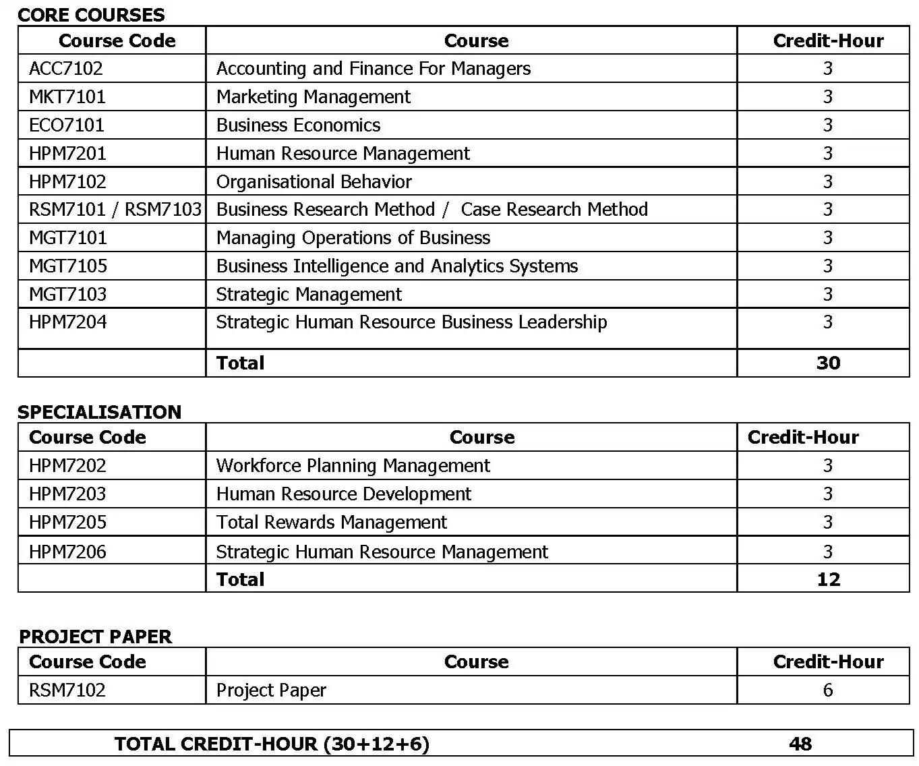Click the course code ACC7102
(x=66, y=69)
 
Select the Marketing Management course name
(x=313, y=97)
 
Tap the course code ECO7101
(x=67, y=125)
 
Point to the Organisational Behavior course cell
(x=314, y=182)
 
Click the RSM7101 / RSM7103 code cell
(x=115, y=210)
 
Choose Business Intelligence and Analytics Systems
(x=396, y=266)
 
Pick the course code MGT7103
(x=67, y=295)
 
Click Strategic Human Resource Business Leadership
(x=411, y=322)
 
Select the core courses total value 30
(x=828, y=363)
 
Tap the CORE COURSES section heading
(x=91, y=15)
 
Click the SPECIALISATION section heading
(x=99, y=412)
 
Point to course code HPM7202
(x=67, y=466)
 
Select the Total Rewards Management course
(x=331, y=523)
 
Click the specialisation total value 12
(x=828, y=580)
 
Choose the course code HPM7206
(x=67, y=552)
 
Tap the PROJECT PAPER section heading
(x=95, y=637)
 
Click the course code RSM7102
(x=67, y=690)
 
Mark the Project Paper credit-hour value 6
(x=828, y=690)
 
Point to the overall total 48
(x=800, y=744)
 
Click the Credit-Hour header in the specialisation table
(x=803, y=438)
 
